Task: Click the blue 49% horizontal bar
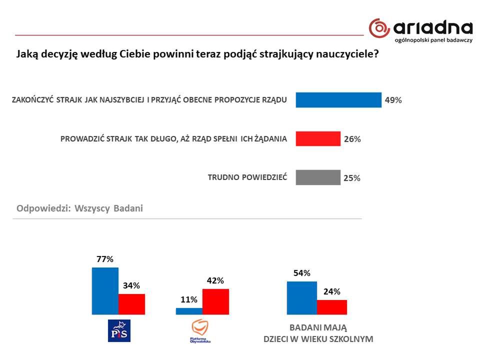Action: [x=338, y=99]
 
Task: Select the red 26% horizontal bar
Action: [x=317, y=138]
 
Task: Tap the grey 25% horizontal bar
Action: [x=317, y=177]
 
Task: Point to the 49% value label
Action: [x=393, y=100]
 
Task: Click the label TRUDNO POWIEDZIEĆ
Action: [x=247, y=177]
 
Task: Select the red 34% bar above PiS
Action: [x=131, y=304]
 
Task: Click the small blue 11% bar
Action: [x=189, y=311]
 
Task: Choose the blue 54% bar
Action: [x=301, y=298]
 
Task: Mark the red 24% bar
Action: [x=331, y=307]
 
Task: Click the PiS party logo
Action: [x=119, y=330]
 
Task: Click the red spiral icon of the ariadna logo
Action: [x=379, y=28]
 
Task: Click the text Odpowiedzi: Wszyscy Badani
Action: [x=79, y=208]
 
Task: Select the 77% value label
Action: [x=105, y=259]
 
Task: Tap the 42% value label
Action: [x=215, y=280]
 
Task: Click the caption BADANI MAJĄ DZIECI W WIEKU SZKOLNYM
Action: [x=318, y=333]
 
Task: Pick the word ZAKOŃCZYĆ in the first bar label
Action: [x=31, y=99]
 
